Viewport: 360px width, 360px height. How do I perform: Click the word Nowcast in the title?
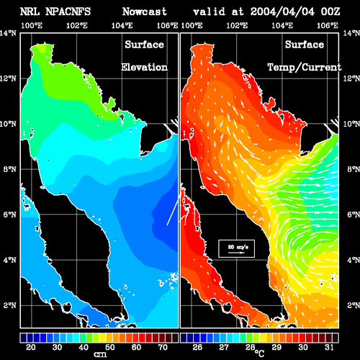click(x=145, y=12)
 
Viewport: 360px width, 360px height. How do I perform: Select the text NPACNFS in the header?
click(x=68, y=12)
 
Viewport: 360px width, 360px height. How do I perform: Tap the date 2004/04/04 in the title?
click(x=282, y=12)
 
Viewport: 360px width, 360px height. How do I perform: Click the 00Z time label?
click(x=330, y=12)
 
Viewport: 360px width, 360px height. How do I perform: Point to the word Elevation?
click(x=144, y=67)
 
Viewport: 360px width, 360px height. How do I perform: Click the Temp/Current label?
click(x=305, y=68)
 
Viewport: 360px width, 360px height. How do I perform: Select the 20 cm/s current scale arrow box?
click(x=236, y=248)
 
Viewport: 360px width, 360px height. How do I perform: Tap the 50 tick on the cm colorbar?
click(x=110, y=347)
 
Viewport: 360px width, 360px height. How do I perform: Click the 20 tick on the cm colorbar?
click(x=31, y=347)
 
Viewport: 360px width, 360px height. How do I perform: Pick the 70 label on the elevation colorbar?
click(x=163, y=347)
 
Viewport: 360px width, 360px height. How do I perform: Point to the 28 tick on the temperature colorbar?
click(x=250, y=347)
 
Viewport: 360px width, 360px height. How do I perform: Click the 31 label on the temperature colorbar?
click(x=329, y=347)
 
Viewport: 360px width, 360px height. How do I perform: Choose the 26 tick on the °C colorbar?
click(x=197, y=347)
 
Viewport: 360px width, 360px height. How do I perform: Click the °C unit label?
click(x=259, y=354)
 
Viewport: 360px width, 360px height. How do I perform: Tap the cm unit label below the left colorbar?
click(x=100, y=354)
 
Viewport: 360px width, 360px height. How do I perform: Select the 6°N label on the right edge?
click(x=354, y=215)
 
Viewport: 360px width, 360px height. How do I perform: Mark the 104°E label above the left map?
click(x=122, y=25)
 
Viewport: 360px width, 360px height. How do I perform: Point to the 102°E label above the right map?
click(x=237, y=25)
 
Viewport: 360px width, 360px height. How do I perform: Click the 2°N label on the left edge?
click(x=9, y=305)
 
